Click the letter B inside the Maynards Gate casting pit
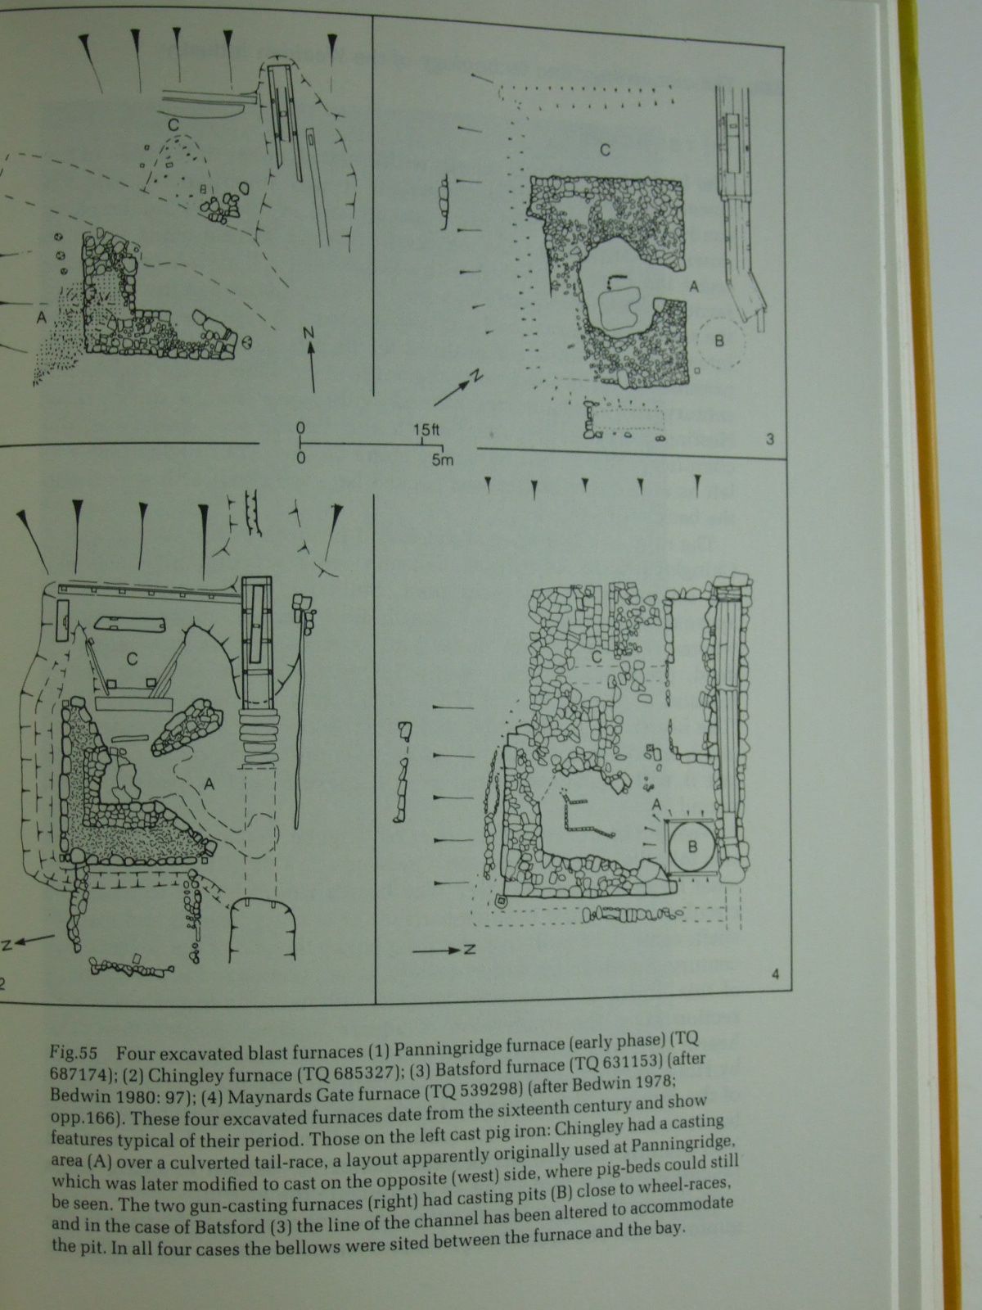692,847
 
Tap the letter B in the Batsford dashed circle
719,341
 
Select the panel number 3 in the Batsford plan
770,440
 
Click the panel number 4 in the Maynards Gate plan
775,974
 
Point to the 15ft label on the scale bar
426,430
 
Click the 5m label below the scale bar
443,459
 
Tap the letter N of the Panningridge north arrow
309,333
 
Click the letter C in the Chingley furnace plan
133,659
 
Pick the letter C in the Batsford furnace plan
606,151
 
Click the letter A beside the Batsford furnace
693,287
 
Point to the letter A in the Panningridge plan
41,318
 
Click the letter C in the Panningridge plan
173,124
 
